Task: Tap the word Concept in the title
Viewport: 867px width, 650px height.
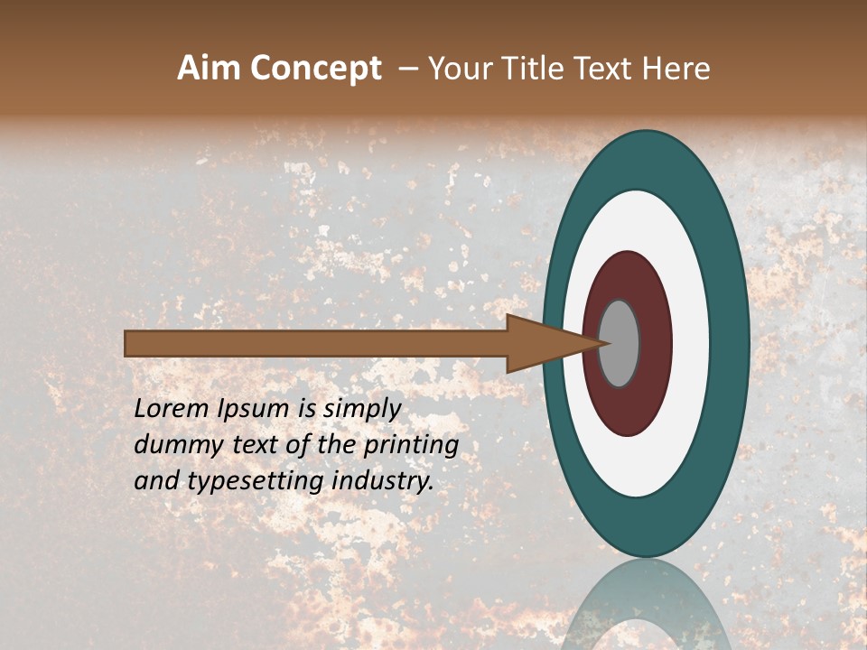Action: coord(316,70)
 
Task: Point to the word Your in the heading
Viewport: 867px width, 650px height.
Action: coord(455,69)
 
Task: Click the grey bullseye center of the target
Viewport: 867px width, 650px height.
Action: coord(620,343)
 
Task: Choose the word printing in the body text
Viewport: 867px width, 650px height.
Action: coord(411,446)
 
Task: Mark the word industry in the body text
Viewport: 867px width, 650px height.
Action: coord(383,481)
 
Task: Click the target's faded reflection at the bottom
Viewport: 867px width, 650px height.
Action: coord(645,609)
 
